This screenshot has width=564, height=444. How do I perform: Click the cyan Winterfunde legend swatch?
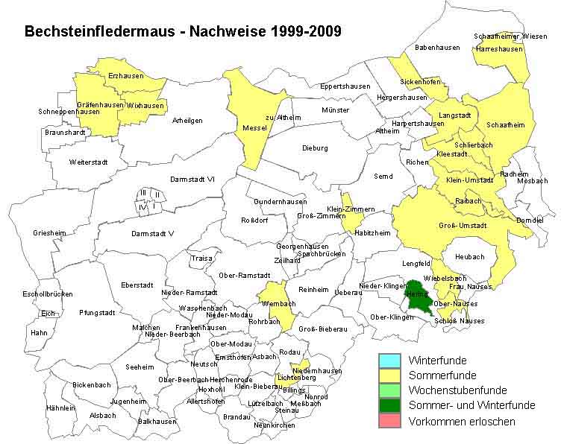coord(389,361)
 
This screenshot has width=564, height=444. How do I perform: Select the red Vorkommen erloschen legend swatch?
coord(389,421)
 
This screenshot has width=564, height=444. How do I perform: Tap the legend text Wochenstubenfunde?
coord(457,390)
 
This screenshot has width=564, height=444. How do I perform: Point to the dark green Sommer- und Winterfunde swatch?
coord(389,405)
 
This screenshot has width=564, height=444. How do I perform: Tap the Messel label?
coord(255,128)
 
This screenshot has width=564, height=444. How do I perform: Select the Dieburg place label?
coord(315,148)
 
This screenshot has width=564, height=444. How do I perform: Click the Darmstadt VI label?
coord(192,179)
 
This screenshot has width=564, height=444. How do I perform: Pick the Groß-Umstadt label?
coord(463,226)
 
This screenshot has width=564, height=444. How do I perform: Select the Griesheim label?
coord(49,233)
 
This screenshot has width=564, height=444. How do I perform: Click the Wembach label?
coord(278,304)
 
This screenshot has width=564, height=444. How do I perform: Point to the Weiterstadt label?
coord(88,162)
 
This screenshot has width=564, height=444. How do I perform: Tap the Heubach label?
coord(470,257)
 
